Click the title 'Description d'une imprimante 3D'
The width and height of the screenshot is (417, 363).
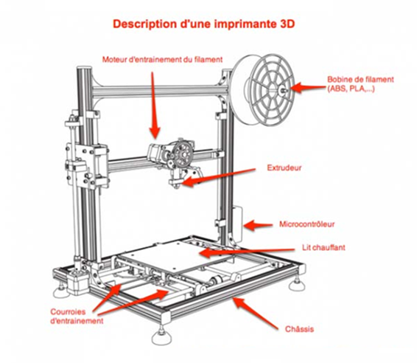[204, 24]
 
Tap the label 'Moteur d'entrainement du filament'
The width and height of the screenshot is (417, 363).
[163, 59]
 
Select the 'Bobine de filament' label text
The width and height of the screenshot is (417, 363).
[360, 80]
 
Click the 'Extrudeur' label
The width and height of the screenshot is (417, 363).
[284, 167]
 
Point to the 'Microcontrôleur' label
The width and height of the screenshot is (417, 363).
[307, 224]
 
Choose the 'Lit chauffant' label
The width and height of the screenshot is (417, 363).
[323, 247]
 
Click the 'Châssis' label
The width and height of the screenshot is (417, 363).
[299, 329]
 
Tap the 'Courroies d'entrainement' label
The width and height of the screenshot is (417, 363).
[77, 317]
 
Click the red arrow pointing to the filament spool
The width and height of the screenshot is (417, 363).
[308, 87]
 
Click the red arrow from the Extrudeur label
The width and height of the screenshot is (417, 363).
[218, 176]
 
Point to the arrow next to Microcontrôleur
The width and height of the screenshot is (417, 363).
[258, 225]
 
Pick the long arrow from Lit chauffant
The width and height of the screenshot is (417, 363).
[248, 252]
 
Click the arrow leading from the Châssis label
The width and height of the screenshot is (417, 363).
[256, 314]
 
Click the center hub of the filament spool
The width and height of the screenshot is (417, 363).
[282, 91]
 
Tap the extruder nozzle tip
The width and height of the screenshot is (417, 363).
[176, 187]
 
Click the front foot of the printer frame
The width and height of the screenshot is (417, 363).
[161, 337]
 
